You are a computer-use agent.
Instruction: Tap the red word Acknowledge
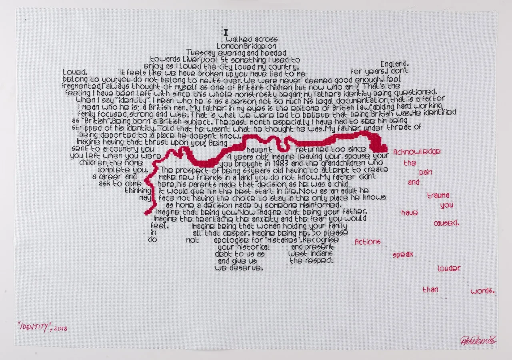(417, 152)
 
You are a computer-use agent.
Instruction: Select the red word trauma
(438, 196)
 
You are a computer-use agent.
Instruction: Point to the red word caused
(446, 223)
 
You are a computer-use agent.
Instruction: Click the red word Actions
(368, 242)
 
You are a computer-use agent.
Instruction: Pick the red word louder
(449, 269)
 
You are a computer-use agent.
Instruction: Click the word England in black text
(394, 64)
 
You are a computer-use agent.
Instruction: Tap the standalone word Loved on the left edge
(75, 72)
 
